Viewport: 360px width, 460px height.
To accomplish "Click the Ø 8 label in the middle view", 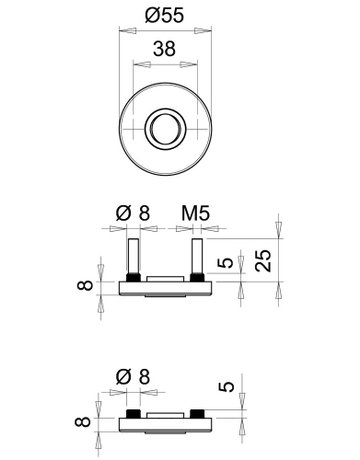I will [x=132, y=214].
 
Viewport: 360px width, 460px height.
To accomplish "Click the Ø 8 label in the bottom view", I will [x=132, y=377].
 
